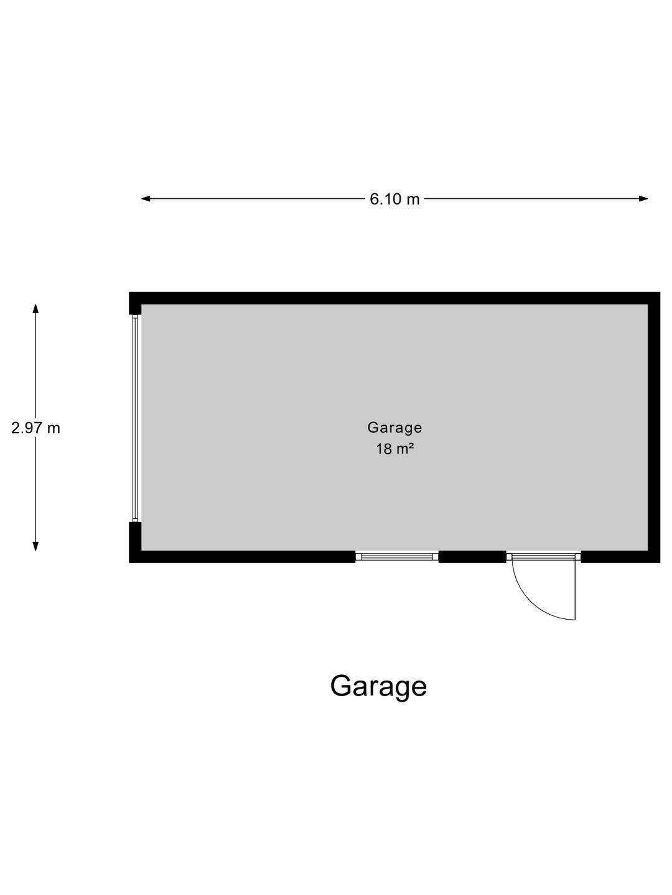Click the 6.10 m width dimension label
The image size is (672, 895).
tap(394, 199)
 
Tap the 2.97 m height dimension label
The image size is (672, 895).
tap(35, 428)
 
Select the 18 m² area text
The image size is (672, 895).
tap(394, 449)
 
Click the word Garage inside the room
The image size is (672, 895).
tap(394, 428)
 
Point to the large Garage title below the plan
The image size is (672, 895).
tap(378, 687)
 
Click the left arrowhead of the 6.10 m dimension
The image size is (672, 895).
tap(146, 199)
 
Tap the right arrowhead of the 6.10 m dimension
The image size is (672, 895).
tap(643, 199)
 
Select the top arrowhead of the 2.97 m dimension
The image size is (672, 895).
tap(35, 309)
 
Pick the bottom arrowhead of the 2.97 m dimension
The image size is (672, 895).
tap(35, 546)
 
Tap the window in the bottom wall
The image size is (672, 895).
tap(396, 556)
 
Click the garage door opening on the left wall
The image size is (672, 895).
tap(136, 418)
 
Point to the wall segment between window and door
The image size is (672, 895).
tap(472, 556)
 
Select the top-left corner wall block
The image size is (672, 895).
tap(135, 303)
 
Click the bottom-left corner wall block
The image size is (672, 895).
tap(135, 543)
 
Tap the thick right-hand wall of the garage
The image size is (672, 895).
tap(654, 428)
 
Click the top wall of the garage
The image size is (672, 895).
tap(394, 298)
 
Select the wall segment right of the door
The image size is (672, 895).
tap(620, 556)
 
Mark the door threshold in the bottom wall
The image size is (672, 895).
tap(544, 556)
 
